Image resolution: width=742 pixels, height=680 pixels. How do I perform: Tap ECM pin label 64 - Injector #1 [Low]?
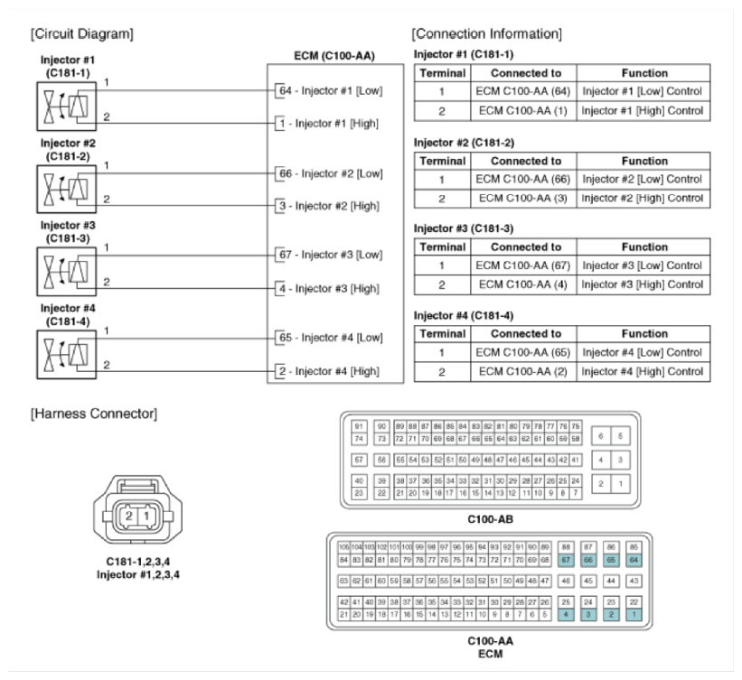[x=331, y=90]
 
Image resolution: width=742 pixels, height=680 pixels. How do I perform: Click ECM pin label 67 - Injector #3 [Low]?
[x=331, y=256]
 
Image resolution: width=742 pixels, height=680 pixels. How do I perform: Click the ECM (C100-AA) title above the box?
[x=334, y=56]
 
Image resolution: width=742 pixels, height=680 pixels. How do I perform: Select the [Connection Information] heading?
[x=486, y=34]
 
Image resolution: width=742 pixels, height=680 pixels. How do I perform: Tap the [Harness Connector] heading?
[x=93, y=414]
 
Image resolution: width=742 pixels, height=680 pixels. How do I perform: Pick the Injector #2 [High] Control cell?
[x=642, y=198]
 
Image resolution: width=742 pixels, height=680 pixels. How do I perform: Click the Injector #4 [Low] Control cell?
[x=642, y=352]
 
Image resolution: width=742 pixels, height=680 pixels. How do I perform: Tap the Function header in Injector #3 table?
[x=643, y=247]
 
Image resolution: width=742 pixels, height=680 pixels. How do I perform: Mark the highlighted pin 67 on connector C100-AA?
[x=566, y=560]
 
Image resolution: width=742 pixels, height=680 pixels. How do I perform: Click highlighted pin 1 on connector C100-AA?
[x=634, y=614]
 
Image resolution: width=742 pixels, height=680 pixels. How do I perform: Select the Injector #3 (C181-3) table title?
[x=462, y=228]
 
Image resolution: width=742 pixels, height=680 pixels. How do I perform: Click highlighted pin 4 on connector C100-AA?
[x=566, y=614]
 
